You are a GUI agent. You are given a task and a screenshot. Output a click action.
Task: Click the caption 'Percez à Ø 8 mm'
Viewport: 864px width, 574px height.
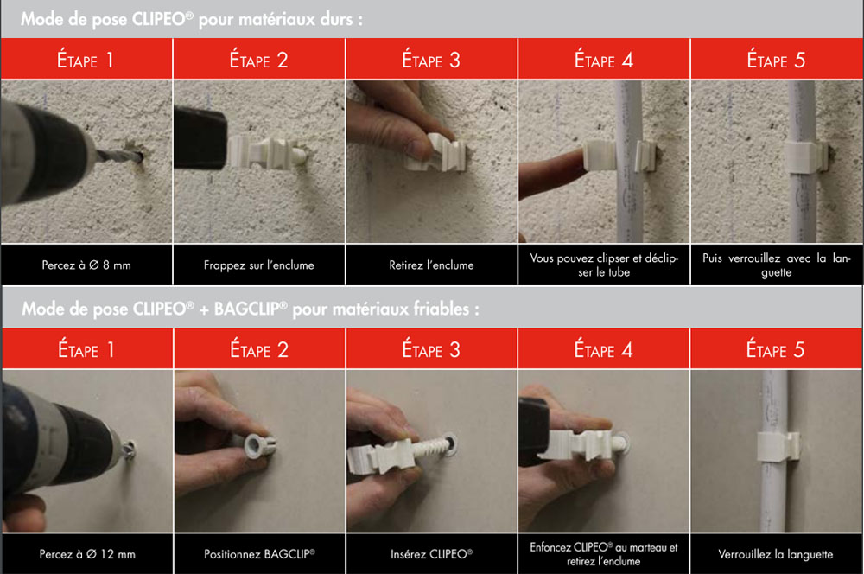tap(86, 265)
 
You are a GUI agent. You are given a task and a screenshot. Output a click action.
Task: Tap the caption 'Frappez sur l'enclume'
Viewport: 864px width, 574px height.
tap(259, 265)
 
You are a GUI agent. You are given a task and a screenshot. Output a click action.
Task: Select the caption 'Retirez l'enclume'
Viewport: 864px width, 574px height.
tap(431, 265)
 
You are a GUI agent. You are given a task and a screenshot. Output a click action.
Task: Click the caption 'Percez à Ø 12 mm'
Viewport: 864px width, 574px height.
tap(87, 554)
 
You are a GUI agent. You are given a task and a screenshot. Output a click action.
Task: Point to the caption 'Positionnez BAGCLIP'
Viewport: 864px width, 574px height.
tap(259, 554)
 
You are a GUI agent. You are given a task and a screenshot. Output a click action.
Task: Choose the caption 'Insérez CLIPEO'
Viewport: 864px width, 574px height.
tap(431, 554)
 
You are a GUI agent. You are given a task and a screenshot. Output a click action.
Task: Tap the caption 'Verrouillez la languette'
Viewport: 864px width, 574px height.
tap(775, 554)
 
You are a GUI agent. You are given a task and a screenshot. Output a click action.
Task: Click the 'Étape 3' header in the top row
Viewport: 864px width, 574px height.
tap(431, 60)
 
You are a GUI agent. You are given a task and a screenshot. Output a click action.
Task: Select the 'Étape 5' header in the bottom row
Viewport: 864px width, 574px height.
tap(775, 349)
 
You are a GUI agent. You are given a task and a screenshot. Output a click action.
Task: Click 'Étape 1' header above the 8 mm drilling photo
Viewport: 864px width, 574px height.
tap(86, 60)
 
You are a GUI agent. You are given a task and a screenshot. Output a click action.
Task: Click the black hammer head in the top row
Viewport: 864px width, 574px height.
tap(200, 137)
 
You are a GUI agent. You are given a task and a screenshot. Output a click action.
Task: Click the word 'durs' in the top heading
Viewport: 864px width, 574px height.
tap(335, 19)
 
